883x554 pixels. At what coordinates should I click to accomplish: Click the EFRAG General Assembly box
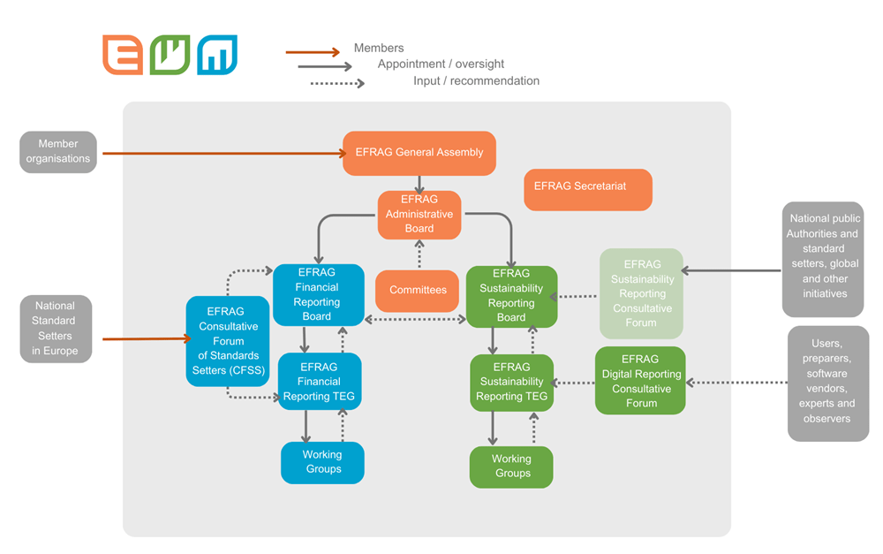[419, 153]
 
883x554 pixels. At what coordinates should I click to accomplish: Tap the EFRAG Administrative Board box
[419, 215]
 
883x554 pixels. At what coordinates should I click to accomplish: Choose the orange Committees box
[418, 291]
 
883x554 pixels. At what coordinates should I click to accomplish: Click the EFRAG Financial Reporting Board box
[317, 294]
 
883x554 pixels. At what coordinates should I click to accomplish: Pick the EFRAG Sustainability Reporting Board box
[511, 296]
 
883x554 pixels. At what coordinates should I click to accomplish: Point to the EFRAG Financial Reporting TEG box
[319, 382]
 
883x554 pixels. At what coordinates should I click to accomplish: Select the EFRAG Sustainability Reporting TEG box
[511, 383]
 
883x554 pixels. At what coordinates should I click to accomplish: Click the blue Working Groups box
[322, 462]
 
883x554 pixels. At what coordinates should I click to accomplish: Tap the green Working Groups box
[511, 467]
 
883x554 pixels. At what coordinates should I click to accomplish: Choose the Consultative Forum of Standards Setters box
[226, 341]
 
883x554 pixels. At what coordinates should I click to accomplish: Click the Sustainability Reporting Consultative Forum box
[641, 293]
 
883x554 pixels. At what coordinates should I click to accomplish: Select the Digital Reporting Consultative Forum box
[640, 381]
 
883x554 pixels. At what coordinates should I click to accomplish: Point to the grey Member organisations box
[58, 151]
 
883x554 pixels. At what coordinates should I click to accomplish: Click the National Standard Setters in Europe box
[55, 329]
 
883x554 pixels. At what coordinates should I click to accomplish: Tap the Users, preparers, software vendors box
[827, 383]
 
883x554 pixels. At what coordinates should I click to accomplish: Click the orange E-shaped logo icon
[122, 55]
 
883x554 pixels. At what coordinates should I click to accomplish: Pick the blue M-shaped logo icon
[216, 55]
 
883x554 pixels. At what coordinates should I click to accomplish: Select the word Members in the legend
[379, 48]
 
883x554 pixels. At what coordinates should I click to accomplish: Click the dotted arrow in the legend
[336, 84]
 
